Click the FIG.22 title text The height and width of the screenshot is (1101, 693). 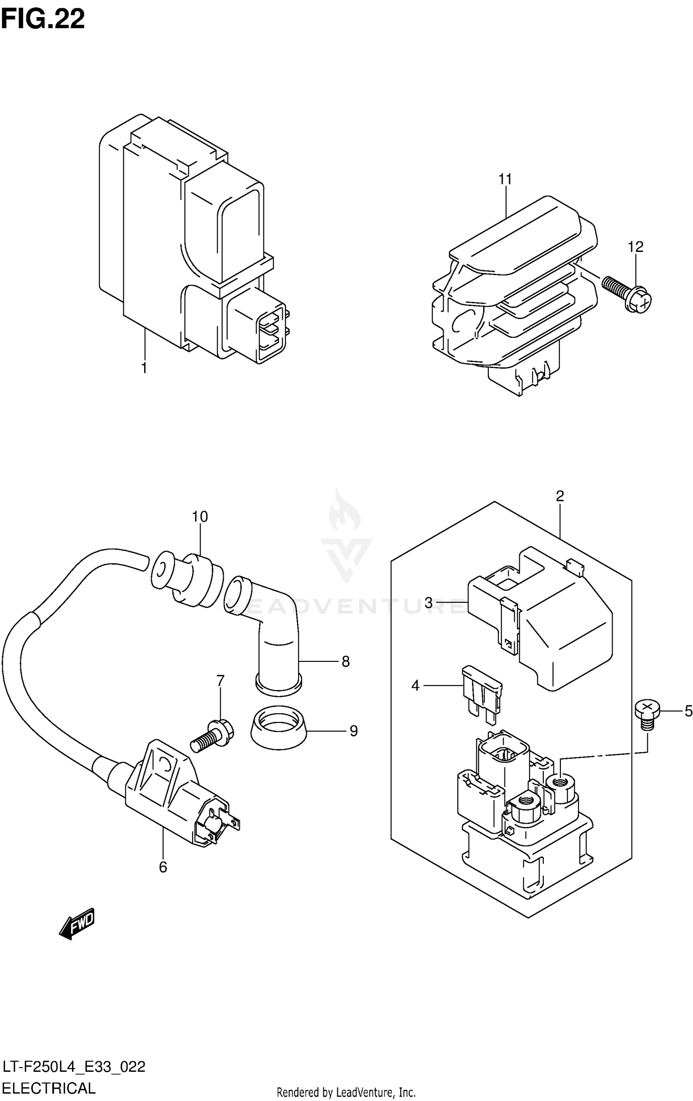point(43,19)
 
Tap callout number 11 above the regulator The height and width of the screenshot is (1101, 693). point(505,179)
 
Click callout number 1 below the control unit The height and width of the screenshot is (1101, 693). point(144,368)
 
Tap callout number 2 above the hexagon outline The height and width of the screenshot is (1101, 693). point(559,496)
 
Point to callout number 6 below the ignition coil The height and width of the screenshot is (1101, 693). point(163,868)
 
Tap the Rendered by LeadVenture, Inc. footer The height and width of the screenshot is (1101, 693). point(346,1089)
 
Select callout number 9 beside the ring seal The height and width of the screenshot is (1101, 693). point(353,731)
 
